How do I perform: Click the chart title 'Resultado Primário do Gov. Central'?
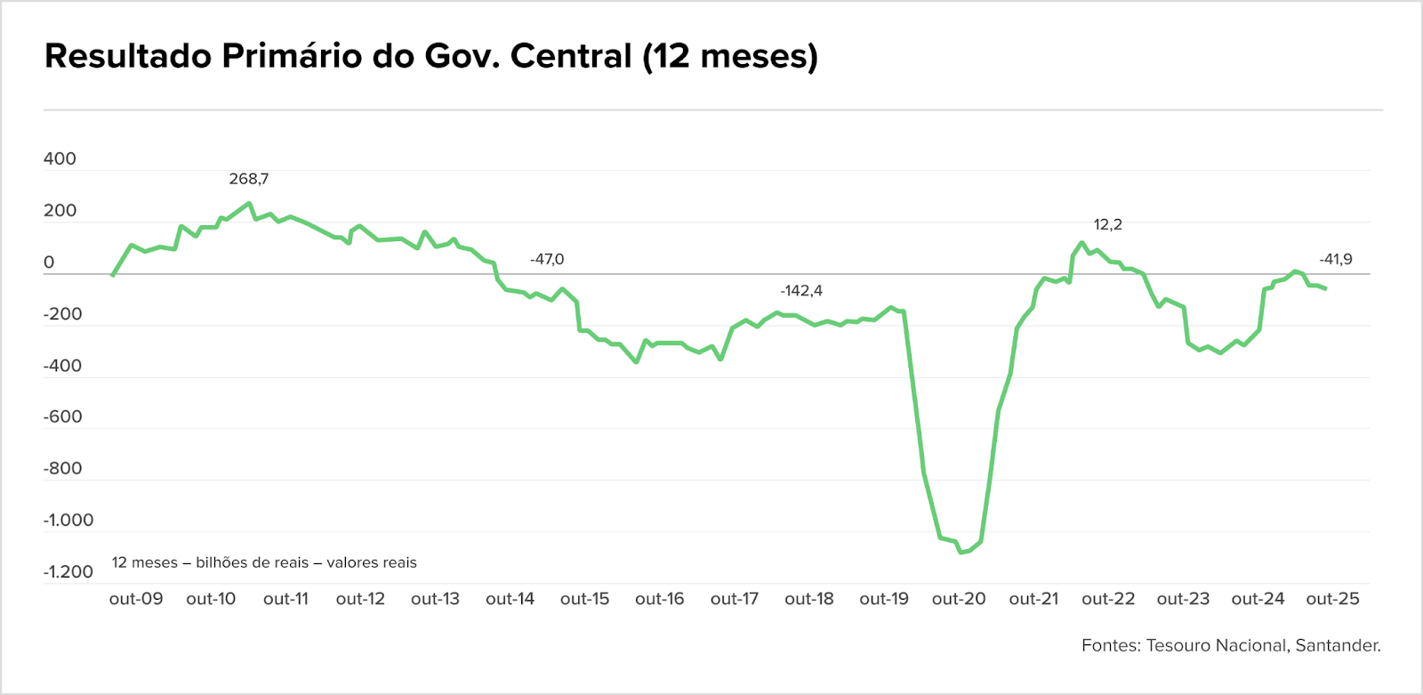430,56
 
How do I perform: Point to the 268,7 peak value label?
248,179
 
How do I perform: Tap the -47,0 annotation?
547,259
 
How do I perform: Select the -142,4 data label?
801,291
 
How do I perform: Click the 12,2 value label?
1107,224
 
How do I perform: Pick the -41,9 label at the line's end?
1336,259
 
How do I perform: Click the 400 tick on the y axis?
60,159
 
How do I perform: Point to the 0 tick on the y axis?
49,263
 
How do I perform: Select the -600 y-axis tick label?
62,416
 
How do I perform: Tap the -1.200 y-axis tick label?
68,571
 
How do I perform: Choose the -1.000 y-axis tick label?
68,520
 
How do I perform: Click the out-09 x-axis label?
136,599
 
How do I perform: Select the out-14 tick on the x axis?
510,599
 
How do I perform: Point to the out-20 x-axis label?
959,599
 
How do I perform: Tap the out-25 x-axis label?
1332,599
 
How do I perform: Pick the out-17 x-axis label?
735,599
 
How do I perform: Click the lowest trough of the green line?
961,553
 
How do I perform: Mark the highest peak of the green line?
249,203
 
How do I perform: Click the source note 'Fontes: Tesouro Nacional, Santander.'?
1231,645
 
